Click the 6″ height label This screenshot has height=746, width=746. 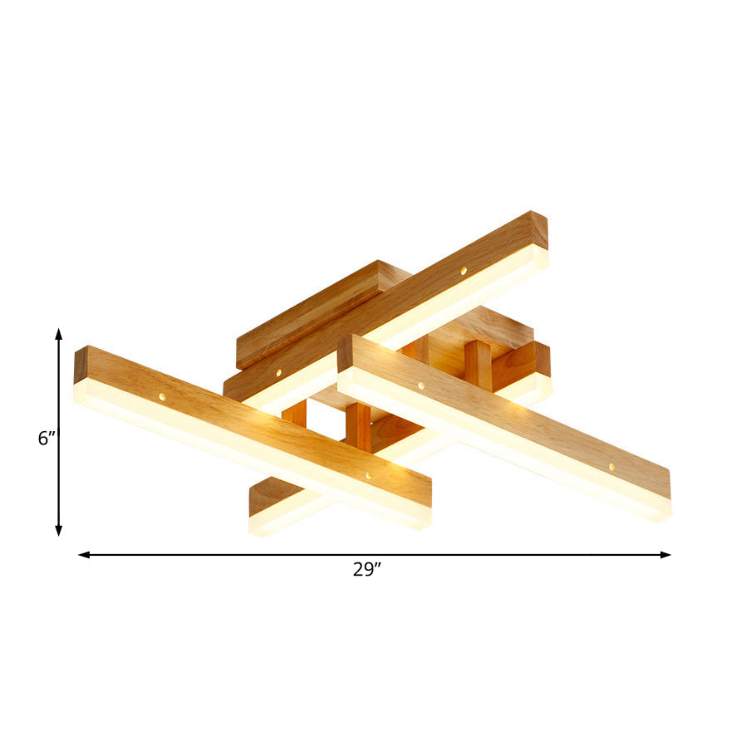tap(47, 438)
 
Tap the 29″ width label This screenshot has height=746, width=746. tap(366, 570)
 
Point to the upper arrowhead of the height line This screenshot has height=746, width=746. tap(59, 332)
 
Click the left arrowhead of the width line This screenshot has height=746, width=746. tap(83, 554)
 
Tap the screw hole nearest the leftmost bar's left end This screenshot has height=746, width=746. tap(162, 397)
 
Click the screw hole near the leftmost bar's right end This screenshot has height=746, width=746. tap(368, 476)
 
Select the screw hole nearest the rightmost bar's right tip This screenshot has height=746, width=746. tap(611, 467)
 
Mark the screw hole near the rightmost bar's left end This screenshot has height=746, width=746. tap(420, 385)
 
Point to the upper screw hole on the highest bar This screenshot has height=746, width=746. tap(464, 271)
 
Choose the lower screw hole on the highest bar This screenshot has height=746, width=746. tap(278, 373)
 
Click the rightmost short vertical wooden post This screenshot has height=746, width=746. tap(478, 366)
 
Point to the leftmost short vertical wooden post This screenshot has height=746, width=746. tap(294, 414)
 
